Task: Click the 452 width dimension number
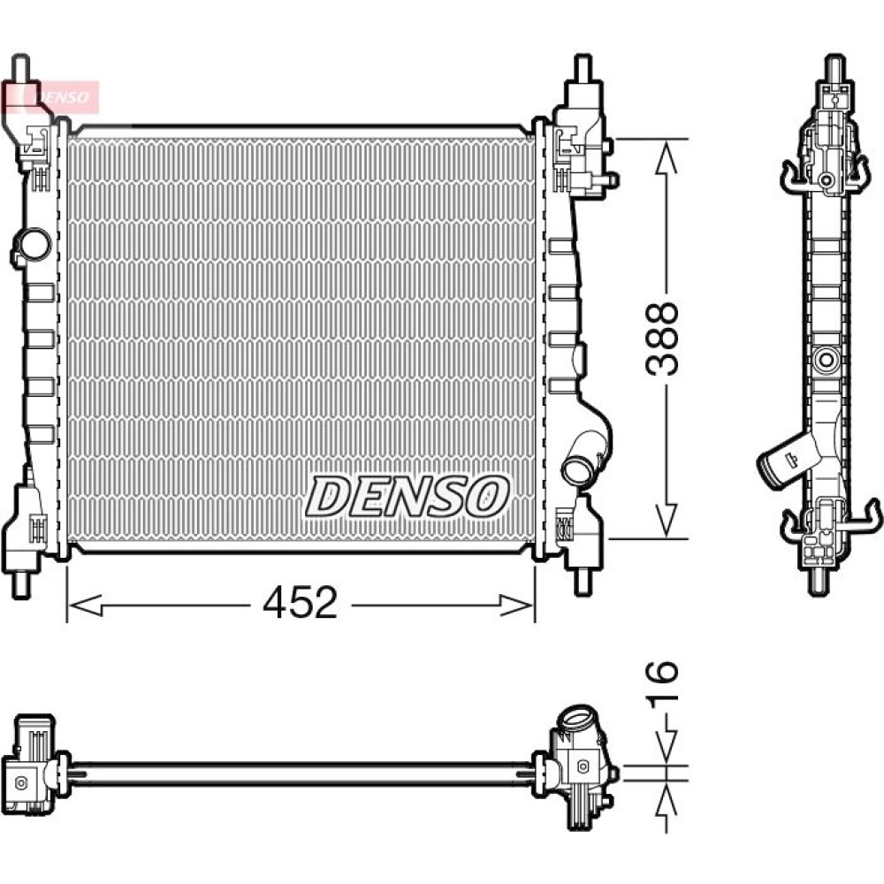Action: pyautogui.click(x=300, y=603)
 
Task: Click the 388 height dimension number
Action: pyautogui.click(x=662, y=339)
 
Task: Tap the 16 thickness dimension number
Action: pyautogui.click(x=662, y=684)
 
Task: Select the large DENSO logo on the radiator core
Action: pyautogui.click(x=407, y=496)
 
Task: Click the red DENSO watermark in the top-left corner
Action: pyautogui.click(x=50, y=97)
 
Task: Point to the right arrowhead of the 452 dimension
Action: pyautogui.click(x=516, y=606)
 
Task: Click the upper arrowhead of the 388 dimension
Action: pyautogui.click(x=667, y=158)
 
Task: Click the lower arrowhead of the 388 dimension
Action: pyautogui.click(x=667, y=520)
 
